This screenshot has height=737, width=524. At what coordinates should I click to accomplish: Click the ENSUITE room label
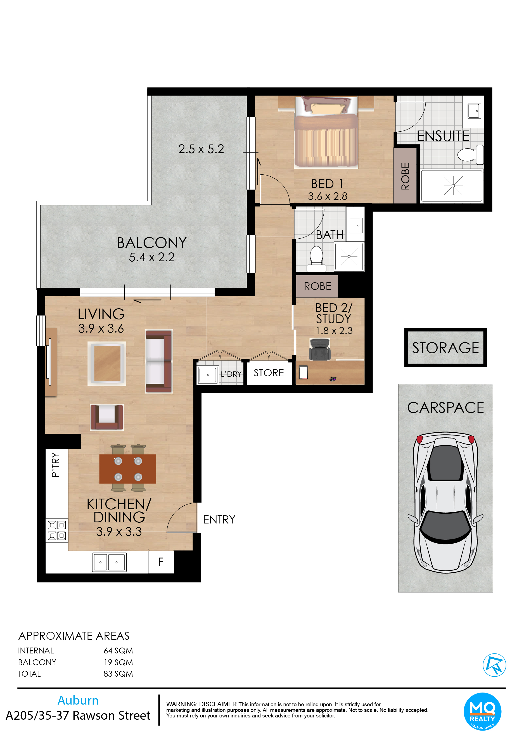point(443,136)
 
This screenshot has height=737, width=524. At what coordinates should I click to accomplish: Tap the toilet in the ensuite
point(471,155)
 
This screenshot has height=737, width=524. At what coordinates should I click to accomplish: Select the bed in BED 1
point(326,132)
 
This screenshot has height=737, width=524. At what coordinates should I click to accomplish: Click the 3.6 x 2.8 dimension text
point(328,196)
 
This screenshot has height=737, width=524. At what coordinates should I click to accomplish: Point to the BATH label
point(329,235)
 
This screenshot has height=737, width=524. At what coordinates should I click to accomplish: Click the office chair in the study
point(319,349)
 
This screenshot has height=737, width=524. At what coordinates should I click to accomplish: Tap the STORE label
point(269,373)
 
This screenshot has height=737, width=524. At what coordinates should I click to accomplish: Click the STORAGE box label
point(445,348)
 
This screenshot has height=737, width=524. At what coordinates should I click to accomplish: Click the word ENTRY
point(219,520)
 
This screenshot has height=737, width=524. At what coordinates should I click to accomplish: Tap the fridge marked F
point(161,562)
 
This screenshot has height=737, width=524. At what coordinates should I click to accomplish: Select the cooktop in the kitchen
point(57,530)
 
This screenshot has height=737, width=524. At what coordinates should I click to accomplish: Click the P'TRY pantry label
point(56,465)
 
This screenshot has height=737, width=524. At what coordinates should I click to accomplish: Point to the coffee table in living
point(107,363)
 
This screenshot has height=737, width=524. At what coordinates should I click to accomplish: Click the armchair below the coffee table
point(106,417)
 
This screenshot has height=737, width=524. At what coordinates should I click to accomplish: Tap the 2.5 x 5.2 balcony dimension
point(201,149)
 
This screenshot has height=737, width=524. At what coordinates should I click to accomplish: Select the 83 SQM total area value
point(118,674)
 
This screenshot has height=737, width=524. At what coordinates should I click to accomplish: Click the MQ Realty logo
point(482,712)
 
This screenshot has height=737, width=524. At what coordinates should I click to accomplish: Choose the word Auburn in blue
point(78,700)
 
